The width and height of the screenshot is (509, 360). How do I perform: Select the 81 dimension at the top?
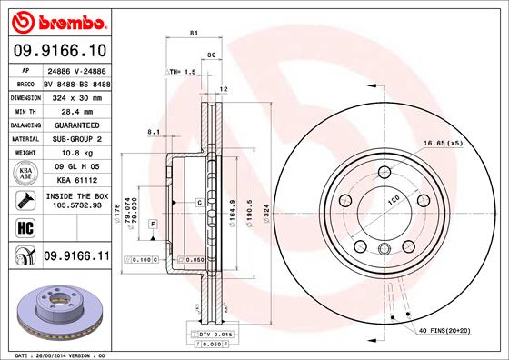[194, 34]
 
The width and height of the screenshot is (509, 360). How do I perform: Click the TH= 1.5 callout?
[182, 71]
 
